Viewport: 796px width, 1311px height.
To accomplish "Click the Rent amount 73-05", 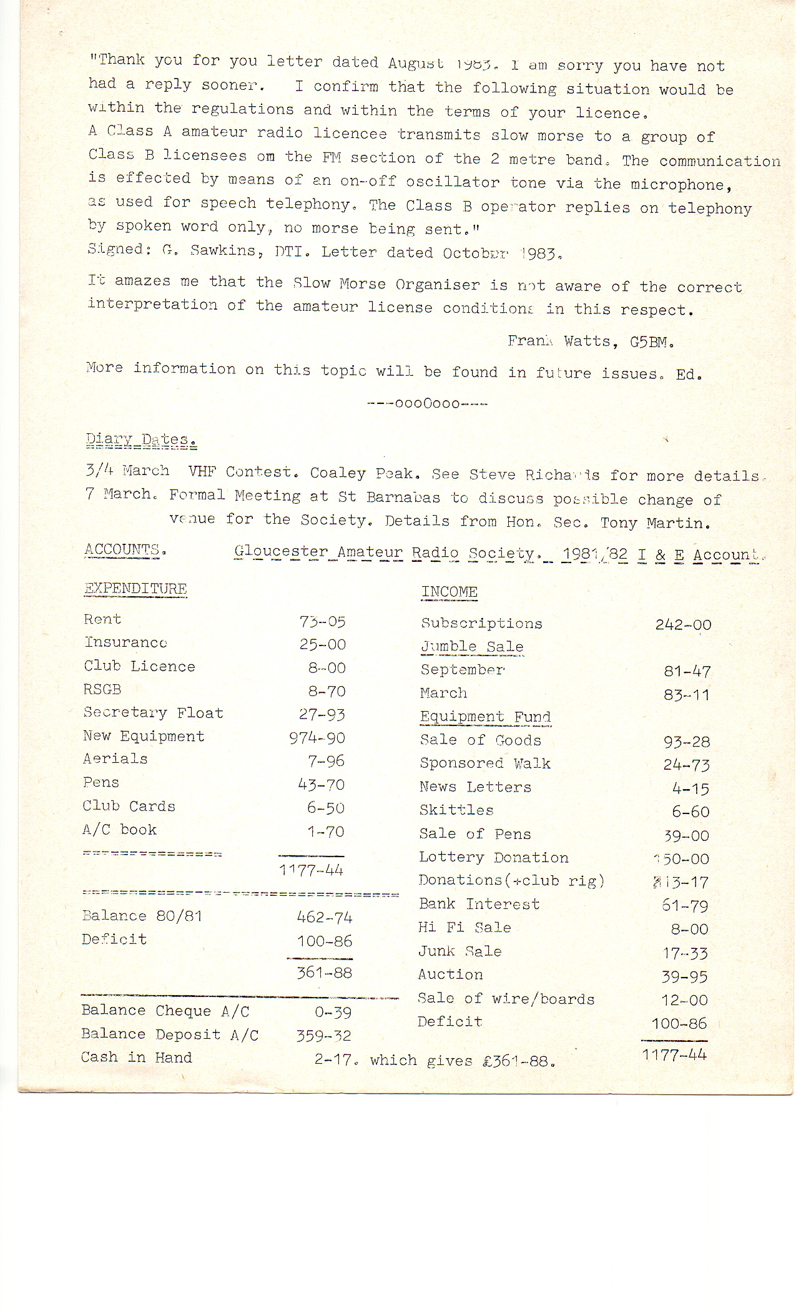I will (322, 622).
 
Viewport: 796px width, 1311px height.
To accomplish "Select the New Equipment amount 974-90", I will (317, 738).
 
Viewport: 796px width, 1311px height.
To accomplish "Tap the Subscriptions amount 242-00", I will (683, 625).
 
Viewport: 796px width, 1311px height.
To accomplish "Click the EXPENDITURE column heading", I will (135, 589).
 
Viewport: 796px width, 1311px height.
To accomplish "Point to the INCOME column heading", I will (449, 592).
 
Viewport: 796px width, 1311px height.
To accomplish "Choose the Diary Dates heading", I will (141, 440).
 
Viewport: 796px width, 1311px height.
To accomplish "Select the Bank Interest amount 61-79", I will (685, 906).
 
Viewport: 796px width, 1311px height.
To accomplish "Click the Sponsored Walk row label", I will (484, 764).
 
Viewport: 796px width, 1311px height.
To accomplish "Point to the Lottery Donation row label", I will (493, 858).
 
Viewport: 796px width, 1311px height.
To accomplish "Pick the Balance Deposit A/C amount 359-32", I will (323, 1036).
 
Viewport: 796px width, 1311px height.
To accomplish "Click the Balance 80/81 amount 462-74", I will (324, 918).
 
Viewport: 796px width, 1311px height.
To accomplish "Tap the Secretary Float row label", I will (153, 713).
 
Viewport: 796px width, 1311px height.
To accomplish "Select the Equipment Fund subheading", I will (485, 717).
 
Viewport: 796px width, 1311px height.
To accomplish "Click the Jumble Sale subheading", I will (472, 647).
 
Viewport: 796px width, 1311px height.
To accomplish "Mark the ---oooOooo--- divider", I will (428, 404).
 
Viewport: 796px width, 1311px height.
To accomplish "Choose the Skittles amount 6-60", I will (690, 812).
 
